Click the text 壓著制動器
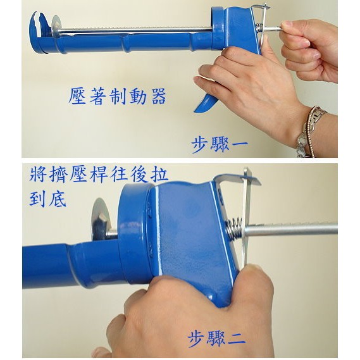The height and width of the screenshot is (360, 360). coord(117,96)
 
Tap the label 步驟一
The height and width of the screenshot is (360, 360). coord(220,144)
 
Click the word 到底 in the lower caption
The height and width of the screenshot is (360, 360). coord(47,199)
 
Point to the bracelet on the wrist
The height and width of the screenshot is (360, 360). coord(311,132)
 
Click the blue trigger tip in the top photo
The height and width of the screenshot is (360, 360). coord(202,106)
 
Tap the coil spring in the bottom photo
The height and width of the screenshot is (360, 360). coord(234,228)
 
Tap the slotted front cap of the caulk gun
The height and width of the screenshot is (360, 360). coord(39,32)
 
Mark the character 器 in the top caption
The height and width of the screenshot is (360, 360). coord(159,96)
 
